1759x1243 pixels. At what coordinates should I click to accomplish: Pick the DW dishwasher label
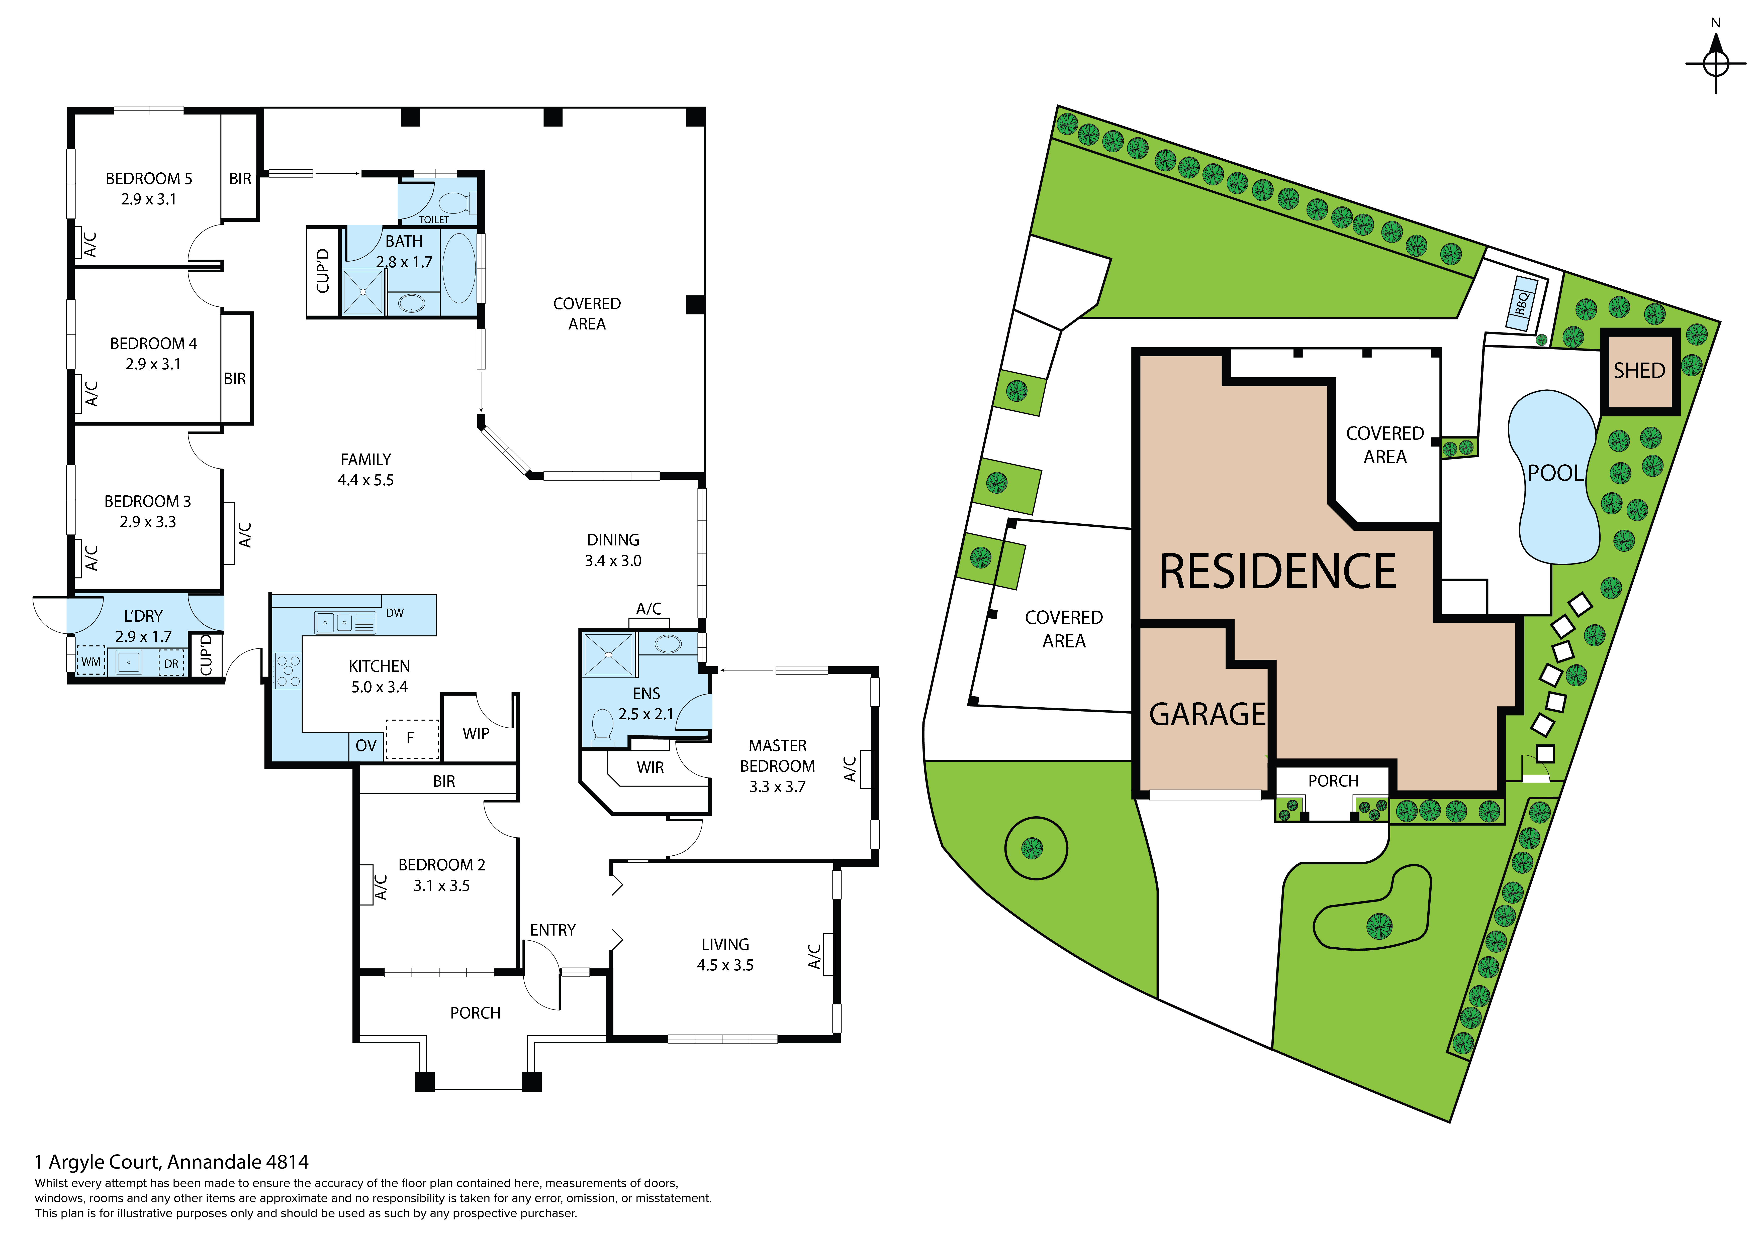(395, 613)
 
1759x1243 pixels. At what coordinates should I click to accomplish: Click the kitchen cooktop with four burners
(288, 671)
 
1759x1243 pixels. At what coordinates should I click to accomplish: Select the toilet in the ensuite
(603, 727)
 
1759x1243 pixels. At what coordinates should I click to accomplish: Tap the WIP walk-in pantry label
(476, 734)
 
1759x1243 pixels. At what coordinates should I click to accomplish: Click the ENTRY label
(552, 930)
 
